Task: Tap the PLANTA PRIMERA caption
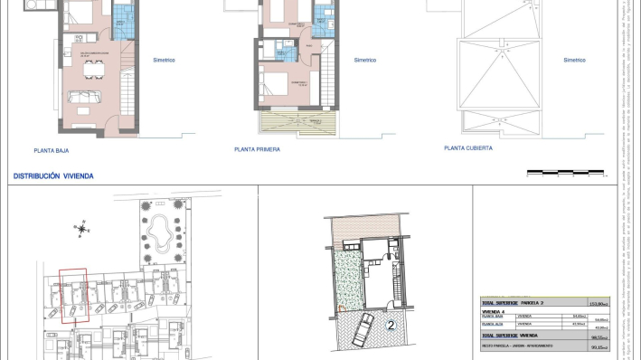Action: click(x=257, y=149)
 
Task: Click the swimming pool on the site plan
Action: click(x=163, y=234)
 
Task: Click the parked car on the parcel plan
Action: click(x=360, y=331)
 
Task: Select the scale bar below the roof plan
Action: click(x=565, y=171)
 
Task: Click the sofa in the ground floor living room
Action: click(x=88, y=73)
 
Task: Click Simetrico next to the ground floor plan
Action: click(x=164, y=61)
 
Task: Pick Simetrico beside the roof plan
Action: click(x=574, y=61)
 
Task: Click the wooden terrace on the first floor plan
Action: click(x=297, y=124)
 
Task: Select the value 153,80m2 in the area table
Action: click(x=597, y=303)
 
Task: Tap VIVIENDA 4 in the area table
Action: click(x=494, y=310)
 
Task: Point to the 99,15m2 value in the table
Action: click(x=597, y=346)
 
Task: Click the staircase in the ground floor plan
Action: click(x=126, y=86)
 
